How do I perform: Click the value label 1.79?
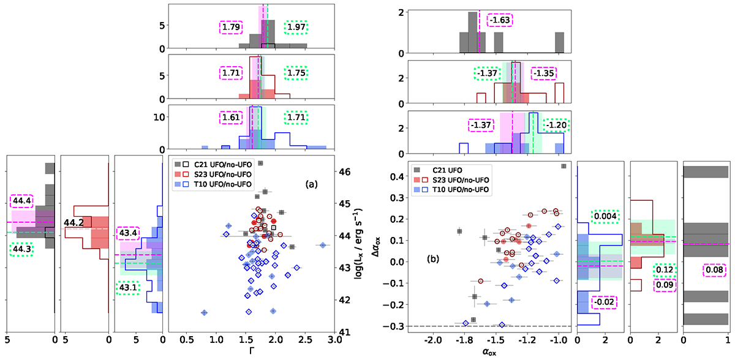[231, 28]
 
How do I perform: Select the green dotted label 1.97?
[295, 28]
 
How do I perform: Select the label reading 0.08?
[713, 269]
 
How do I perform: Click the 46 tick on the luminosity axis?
[345, 172]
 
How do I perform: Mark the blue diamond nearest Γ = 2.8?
[322, 245]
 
